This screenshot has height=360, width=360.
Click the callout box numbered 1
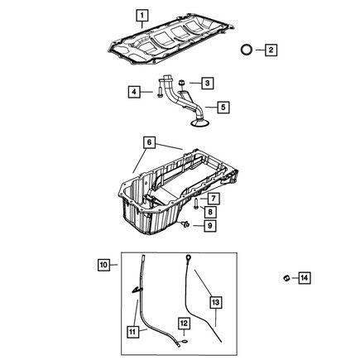pyautogui.click(x=142, y=16)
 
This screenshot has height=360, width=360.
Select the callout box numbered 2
pyautogui.click(x=271, y=50)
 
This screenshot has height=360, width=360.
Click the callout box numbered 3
pyautogui.click(x=208, y=83)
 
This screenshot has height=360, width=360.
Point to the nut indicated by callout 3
pyautogui.click(x=181, y=82)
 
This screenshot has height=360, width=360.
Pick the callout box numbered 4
pyautogui.click(x=134, y=92)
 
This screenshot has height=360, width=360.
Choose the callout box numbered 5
pyautogui.click(x=223, y=107)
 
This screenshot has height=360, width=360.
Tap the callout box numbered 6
pyautogui.click(x=149, y=142)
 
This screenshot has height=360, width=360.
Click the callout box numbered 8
pyautogui.click(x=210, y=212)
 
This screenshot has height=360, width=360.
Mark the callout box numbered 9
pyautogui.click(x=210, y=226)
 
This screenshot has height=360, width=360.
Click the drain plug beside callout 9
pyautogui.click(x=185, y=224)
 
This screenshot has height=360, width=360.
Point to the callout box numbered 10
pyautogui.click(x=103, y=265)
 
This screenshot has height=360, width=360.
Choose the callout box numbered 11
pyautogui.click(x=132, y=331)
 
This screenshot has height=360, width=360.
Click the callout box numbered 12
pyautogui.click(x=184, y=323)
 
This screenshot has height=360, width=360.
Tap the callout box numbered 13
pyautogui.click(x=216, y=303)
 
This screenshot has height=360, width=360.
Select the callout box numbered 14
pyautogui.click(x=304, y=278)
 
